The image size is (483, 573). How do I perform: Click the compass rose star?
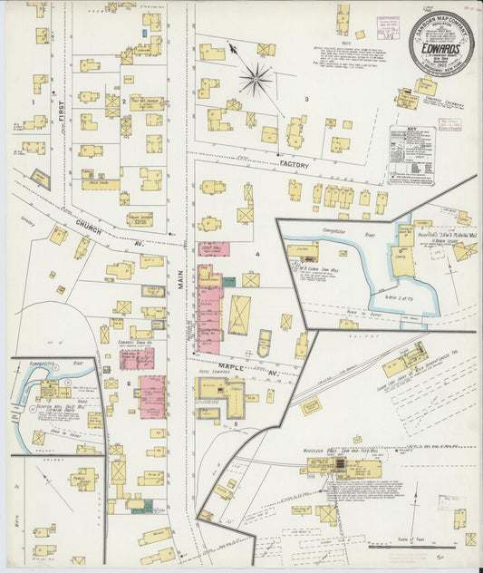(256, 80)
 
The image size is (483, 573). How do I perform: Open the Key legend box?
(411, 155)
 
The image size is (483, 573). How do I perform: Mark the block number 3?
(306, 99)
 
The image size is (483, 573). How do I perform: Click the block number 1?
(34, 102)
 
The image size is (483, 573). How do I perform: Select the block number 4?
(257, 255)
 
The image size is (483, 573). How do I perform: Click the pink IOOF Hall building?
(214, 248)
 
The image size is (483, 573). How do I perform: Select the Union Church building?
(140, 219)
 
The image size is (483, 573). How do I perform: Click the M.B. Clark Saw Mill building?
(303, 253)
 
